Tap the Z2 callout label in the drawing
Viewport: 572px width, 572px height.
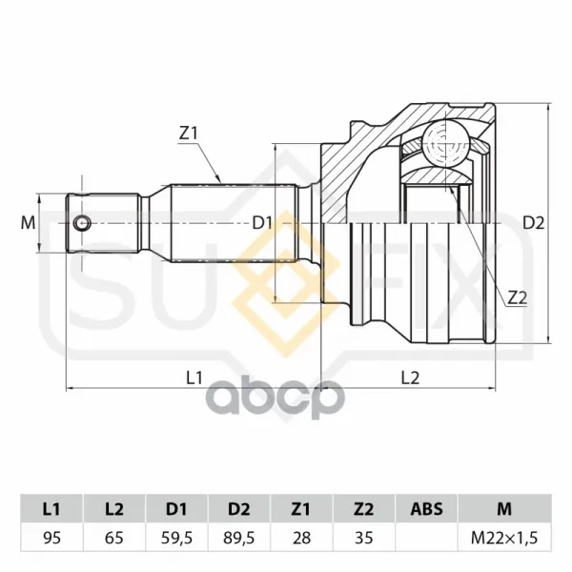tap(518, 298)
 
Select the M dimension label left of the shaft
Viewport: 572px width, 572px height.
tap(28, 222)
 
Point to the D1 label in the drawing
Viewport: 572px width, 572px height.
tap(263, 222)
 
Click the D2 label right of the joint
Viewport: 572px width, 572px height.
tap(533, 222)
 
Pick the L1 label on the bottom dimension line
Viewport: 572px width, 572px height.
tap(194, 378)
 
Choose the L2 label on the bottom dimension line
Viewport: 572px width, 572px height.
tap(410, 378)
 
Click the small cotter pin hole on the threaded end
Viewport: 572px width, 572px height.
tap(82, 222)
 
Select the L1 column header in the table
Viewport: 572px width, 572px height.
tap(51, 509)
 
